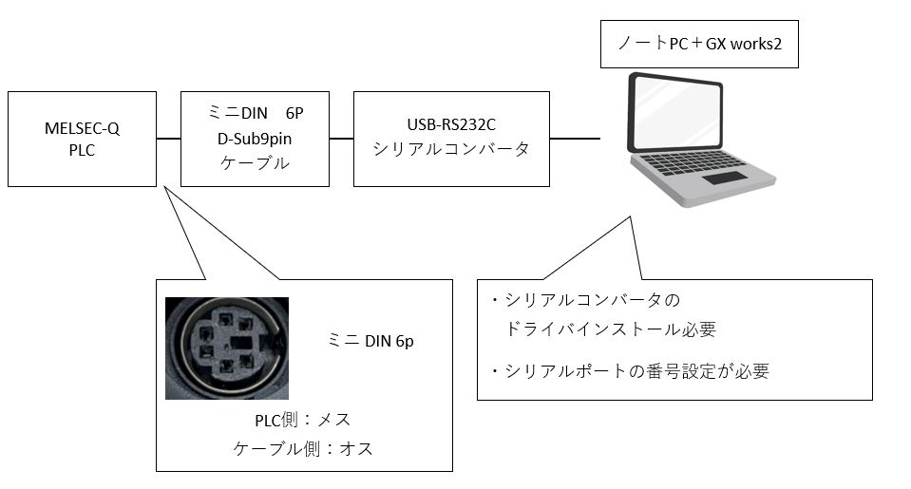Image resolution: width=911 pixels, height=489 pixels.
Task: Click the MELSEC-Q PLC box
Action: (81, 139)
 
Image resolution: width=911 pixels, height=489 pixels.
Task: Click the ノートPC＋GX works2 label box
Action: (698, 44)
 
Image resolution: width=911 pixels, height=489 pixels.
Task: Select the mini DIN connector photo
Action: (226, 348)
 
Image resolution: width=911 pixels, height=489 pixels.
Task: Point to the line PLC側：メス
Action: (302, 420)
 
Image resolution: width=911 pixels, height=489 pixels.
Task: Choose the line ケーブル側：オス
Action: (302, 449)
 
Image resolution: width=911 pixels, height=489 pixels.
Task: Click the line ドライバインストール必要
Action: (610, 329)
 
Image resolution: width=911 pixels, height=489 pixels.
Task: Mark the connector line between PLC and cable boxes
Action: (168, 140)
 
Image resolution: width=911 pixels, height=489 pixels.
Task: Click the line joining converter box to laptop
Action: (575, 140)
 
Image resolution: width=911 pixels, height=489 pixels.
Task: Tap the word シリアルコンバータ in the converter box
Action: (451, 150)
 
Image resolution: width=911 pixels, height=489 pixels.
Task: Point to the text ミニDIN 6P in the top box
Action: (255, 114)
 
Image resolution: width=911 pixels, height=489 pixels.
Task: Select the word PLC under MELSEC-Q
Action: (81, 150)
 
